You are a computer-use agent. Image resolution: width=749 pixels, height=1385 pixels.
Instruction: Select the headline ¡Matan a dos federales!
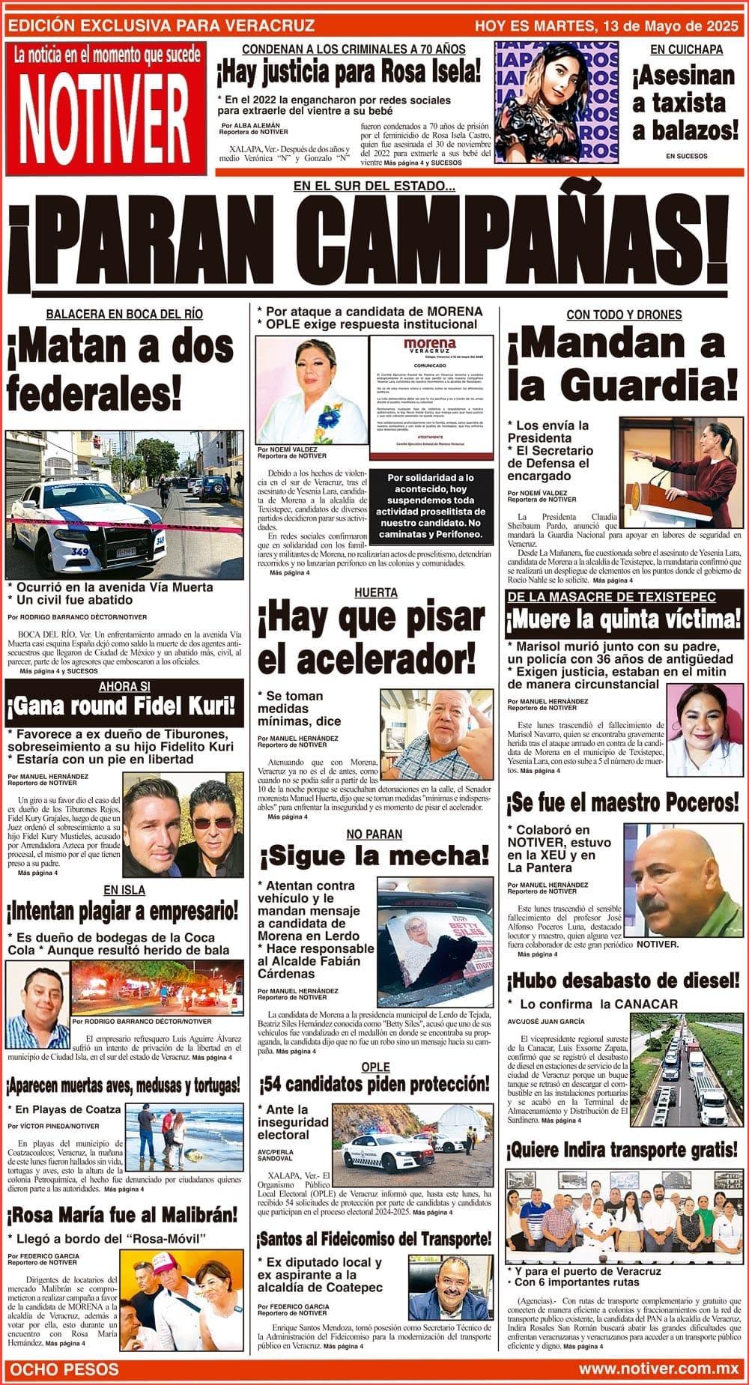click(x=120, y=370)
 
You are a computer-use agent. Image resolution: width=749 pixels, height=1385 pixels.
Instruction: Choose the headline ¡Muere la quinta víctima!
click(x=623, y=620)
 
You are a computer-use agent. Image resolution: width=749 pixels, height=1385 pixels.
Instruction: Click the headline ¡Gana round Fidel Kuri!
click(x=123, y=706)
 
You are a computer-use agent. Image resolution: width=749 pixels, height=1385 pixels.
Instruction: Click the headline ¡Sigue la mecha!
click(x=374, y=855)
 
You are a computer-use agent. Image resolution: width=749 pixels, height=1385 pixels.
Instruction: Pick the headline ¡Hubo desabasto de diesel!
click(x=623, y=980)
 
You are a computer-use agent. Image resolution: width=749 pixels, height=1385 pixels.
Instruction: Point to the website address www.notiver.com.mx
click(x=658, y=1369)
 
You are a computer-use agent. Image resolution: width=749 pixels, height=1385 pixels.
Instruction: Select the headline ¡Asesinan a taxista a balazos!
click(x=685, y=103)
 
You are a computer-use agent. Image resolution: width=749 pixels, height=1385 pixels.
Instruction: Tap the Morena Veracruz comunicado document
click(x=431, y=396)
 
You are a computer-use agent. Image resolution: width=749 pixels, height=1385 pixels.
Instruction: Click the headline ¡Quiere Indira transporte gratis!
click(x=623, y=1149)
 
